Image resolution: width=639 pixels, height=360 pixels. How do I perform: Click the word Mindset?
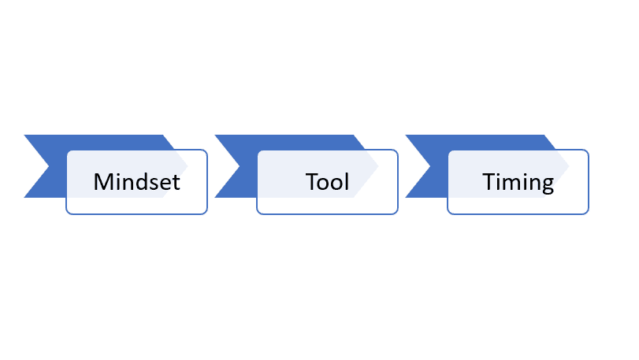pyautogui.click(x=136, y=182)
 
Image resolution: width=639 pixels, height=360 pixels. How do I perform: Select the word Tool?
pyautogui.click(x=327, y=182)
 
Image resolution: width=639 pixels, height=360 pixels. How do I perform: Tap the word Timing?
pyautogui.click(x=518, y=183)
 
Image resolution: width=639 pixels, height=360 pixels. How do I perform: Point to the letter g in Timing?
pyautogui.click(x=548, y=185)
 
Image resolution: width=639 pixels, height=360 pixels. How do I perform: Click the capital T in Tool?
pyautogui.click(x=311, y=182)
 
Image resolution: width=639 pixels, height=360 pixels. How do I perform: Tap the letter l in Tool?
pyautogui.click(x=347, y=182)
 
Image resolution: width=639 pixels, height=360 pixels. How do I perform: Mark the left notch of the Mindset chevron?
pyautogui.click(x=49, y=166)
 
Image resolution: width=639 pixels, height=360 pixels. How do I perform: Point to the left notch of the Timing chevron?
pyautogui.click(x=430, y=166)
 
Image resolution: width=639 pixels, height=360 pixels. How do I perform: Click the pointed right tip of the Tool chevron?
pyautogui.click(x=378, y=166)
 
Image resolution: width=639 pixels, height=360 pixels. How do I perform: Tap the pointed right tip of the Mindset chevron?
pyautogui.click(x=188, y=166)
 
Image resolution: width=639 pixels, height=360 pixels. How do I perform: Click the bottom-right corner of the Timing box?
pyautogui.click(x=588, y=213)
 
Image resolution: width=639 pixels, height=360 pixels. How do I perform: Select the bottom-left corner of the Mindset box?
pyautogui.click(x=67, y=213)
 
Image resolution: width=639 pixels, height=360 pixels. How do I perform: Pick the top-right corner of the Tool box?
pyautogui.click(x=397, y=150)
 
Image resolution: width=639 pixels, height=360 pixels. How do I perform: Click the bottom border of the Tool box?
pyautogui.click(x=327, y=213)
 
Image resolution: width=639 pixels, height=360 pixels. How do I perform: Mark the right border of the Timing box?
pyautogui.click(x=589, y=182)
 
